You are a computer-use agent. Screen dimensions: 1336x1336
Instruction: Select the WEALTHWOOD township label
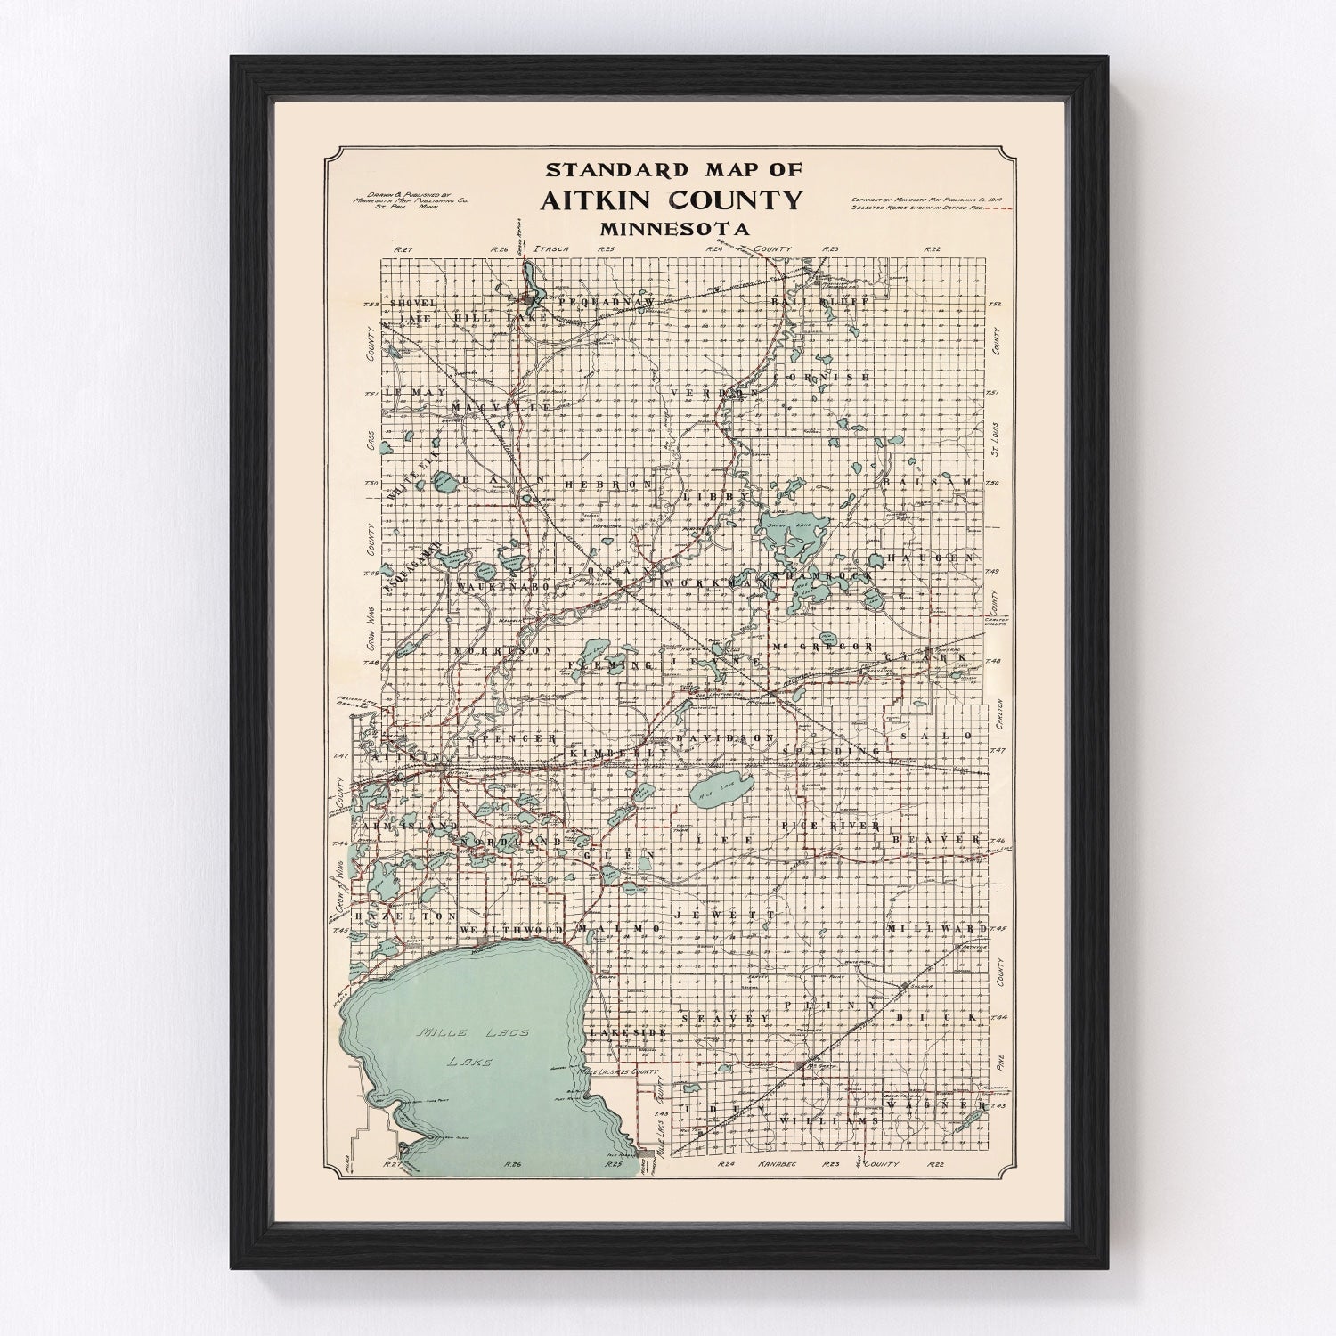click(511, 930)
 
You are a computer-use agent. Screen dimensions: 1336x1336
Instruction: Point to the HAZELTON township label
click(407, 916)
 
